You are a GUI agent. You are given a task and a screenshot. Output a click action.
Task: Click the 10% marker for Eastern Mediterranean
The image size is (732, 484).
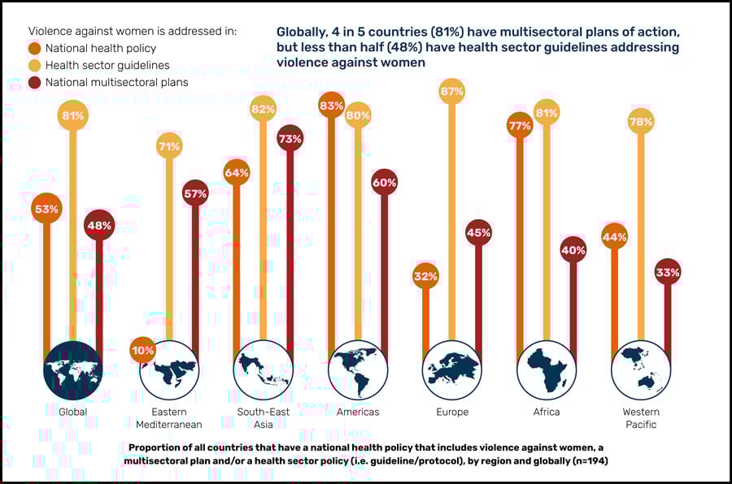(x=142, y=350)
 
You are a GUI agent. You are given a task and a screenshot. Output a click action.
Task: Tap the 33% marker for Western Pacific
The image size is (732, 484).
(x=667, y=272)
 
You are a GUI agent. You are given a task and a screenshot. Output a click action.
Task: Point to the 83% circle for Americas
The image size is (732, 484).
(x=331, y=106)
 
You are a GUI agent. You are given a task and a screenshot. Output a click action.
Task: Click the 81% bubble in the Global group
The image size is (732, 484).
(x=72, y=116)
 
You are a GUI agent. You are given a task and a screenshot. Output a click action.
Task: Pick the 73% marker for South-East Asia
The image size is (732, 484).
(x=290, y=139)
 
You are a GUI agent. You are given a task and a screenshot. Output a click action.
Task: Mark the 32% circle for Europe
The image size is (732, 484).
(x=425, y=276)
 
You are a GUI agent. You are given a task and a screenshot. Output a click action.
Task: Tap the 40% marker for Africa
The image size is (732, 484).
(x=573, y=250)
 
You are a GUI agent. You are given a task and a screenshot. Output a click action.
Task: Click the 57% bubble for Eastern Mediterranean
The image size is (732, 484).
(x=195, y=194)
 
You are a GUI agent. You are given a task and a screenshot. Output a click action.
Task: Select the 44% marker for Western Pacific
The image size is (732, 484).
(x=613, y=237)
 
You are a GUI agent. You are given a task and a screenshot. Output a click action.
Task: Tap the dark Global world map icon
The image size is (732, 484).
(x=72, y=369)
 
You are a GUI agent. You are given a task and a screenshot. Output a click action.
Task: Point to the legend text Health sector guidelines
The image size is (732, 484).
(x=107, y=65)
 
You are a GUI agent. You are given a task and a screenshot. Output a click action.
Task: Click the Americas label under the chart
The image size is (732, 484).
(x=358, y=412)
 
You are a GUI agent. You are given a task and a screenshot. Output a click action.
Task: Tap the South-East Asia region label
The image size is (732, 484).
(x=263, y=417)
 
